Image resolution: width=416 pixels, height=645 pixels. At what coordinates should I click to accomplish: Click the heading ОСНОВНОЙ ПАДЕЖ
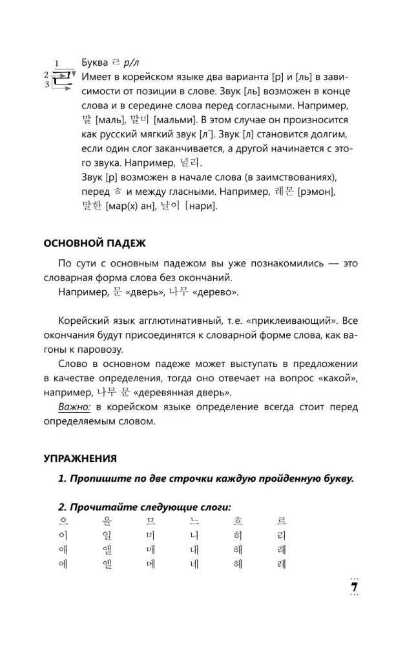coord(94,243)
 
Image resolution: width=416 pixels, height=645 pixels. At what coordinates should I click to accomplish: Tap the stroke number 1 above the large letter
coord(57,63)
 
